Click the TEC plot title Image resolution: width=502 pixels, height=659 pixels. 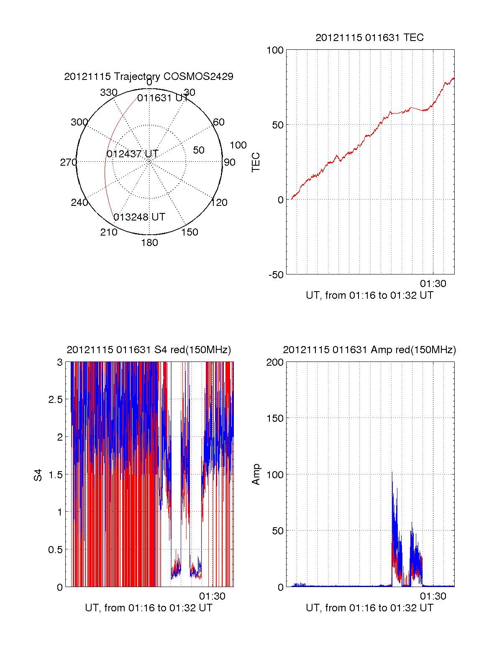pyautogui.click(x=369, y=38)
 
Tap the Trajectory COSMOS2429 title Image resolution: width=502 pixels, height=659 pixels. pyautogui.click(x=149, y=77)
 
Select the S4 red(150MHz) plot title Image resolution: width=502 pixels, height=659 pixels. pyautogui.click(x=149, y=350)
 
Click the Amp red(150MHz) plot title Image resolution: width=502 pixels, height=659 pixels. pyautogui.click(x=369, y=350)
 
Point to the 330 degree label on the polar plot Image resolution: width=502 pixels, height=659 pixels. pyautogui.click(x=108, y=92)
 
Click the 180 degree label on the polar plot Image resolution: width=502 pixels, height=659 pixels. pyautogui.click(x=149, y=243)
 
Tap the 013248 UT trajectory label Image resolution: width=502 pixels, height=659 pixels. pyautogui.click(x=139, y=217)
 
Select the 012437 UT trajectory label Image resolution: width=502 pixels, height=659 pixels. pyautogui.click(x=132, y=154)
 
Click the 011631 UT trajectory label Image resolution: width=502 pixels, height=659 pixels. pyautogui.click(x=163, y=98)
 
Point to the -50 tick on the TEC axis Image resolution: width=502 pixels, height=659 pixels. pyautogui.click(x=276, y=275)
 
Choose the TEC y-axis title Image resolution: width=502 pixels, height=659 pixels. pyautogui.click(x=256, y=162)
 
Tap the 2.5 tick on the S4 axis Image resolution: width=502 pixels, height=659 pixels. pyautogui.click(x=56, y=400)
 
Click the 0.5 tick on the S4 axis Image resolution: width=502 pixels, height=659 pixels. pyautogui.click(x=56, y=550)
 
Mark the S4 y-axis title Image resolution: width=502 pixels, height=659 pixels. pyautogui.click(x=38, y=475)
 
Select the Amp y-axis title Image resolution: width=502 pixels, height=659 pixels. pyautogui.click(x=256, y=474)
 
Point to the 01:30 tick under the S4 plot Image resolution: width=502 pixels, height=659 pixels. pyautogui.click(x=212, y=596)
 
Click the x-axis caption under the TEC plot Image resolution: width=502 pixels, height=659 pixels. pyautogui.click(x=369, y=295)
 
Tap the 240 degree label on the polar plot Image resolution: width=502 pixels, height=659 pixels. pyautogui.click(x=79, y=203)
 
